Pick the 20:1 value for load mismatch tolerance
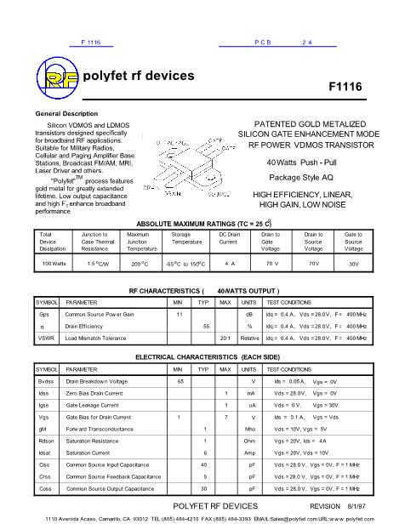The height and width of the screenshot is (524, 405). [225, 338]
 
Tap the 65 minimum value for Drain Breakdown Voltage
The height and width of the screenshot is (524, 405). [180, 382]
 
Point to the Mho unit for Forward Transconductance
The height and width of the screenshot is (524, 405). [249, 430]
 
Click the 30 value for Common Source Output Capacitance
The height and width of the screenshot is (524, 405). [204, 489]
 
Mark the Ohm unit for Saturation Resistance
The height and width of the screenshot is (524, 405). [249, 441]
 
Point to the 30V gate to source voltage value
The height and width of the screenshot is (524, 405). [354, 265]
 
